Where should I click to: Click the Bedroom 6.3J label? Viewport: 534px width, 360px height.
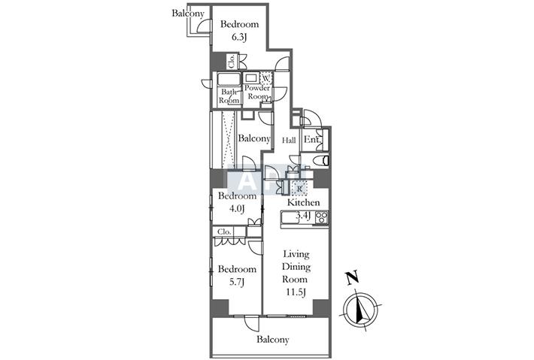pos(239,30)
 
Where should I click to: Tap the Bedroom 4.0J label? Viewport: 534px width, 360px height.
pos(237,202)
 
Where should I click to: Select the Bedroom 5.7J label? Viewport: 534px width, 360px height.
pos(237,275)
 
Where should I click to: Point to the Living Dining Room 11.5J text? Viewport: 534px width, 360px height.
pos(296,273)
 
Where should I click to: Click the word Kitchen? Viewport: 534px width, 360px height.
pos(303,202)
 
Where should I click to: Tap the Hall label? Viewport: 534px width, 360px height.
pos(289,140)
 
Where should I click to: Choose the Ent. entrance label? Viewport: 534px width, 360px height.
pos(312,139)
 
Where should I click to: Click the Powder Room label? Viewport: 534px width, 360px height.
pos(257,92)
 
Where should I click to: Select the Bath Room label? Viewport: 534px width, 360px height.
pos(229,96)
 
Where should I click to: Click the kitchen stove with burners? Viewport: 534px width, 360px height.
pos(321,217)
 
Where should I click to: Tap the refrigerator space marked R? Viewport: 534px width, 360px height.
pos(299,188)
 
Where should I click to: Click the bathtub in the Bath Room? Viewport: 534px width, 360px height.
pos(229,80)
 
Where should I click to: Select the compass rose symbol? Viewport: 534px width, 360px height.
pos(361,310)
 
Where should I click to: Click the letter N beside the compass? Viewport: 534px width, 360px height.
pos(353,277)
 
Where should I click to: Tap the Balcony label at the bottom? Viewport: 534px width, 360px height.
pos(273,340)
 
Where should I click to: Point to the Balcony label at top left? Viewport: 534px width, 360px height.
pos(188,14)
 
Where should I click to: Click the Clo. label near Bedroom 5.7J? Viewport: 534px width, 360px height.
pos(224,231)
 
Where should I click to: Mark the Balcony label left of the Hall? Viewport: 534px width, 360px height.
pos(254,138)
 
